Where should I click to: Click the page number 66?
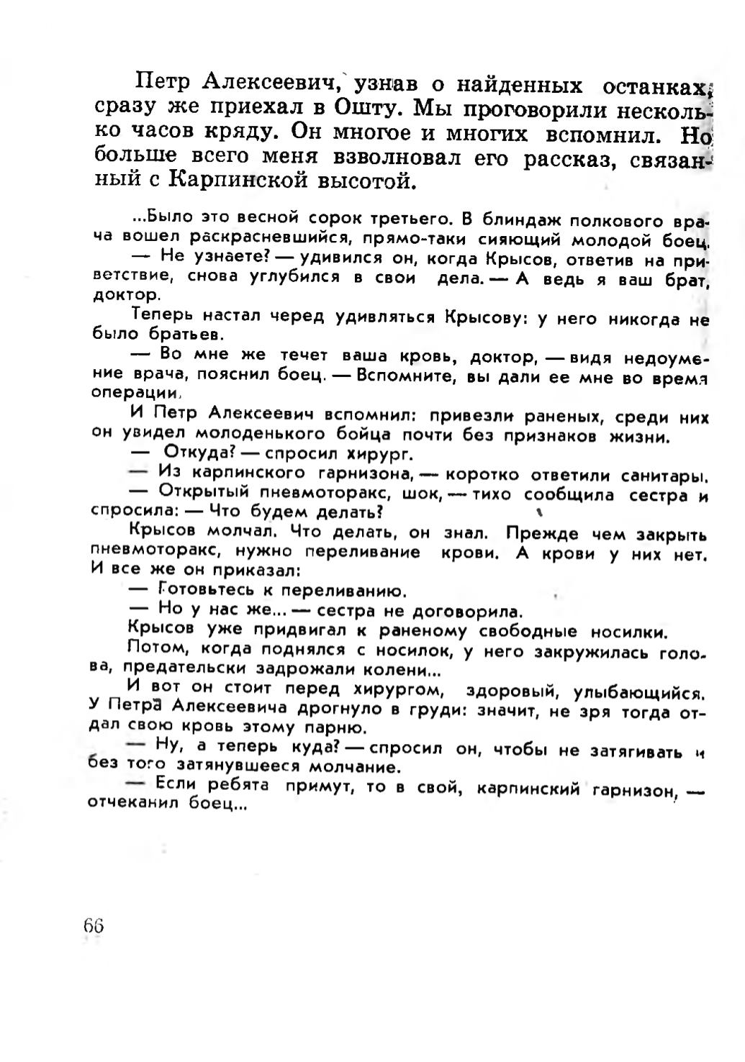tap(94, 925)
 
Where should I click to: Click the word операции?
tap(135, 394)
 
